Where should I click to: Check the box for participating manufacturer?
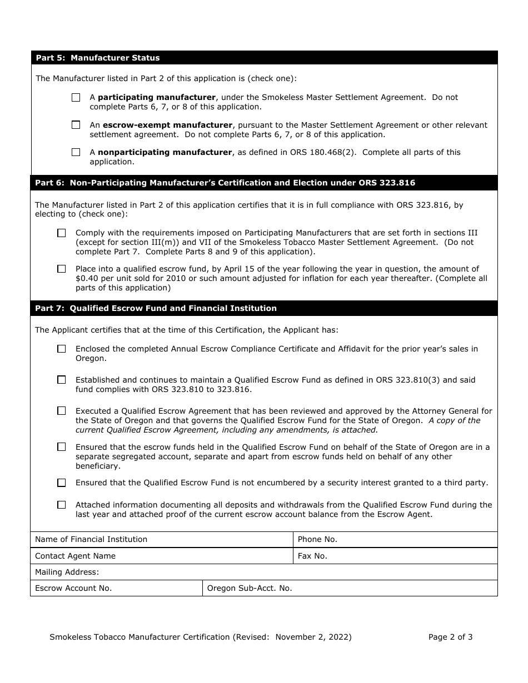coord(76,97)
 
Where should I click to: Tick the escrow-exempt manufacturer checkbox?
coord(76,125)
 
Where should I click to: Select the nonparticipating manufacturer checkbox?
coord(76,152)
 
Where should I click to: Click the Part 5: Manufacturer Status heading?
coord(98,58)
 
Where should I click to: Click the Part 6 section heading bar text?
coord(225,183)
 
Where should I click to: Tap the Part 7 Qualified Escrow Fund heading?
coord(156,308)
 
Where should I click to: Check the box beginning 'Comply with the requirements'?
coord(61,233)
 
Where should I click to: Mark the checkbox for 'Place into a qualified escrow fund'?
coord(61,269)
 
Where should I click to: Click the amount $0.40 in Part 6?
coord(87,278)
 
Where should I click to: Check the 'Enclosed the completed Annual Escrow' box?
coord(61,349)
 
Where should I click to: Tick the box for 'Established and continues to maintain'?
coord(61,380)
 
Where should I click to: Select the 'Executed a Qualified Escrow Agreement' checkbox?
coord(61,411)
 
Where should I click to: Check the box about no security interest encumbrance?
coord(61,483)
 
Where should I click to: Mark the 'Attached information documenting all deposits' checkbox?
coord(61,505)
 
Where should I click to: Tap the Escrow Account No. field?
coord(156,588)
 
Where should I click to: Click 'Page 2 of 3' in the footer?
coord(450,637)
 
